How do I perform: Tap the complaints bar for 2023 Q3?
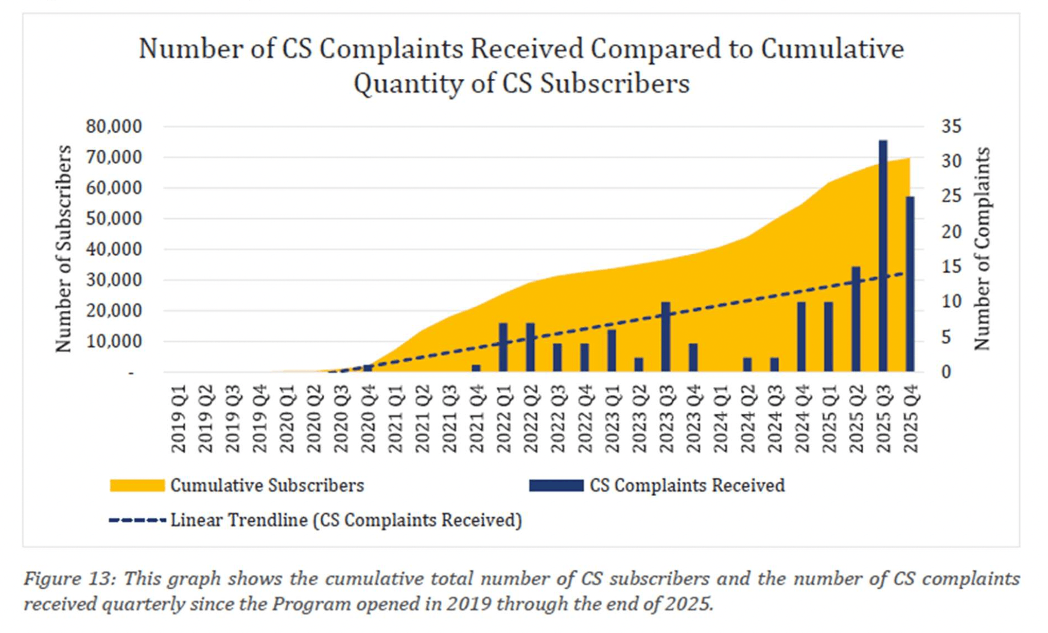click(666, 337)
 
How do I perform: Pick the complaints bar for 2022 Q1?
click(503, 347)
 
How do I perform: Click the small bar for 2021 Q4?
click(476, 368)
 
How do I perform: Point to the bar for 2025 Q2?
click(855, 319)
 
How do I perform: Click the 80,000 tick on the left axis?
click(114, 127)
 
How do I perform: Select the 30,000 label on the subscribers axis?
click(114, 280)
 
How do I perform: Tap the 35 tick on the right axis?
click(951, 127)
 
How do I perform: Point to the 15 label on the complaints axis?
click(951, 267)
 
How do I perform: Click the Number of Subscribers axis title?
click(63, 249)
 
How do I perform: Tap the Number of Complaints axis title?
click(982, 249)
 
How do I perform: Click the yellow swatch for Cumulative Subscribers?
click(137, 485)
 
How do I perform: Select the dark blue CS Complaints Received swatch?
click(556, 485)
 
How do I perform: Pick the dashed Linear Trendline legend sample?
click(137, 520)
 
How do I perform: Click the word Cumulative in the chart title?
click(832, 49)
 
